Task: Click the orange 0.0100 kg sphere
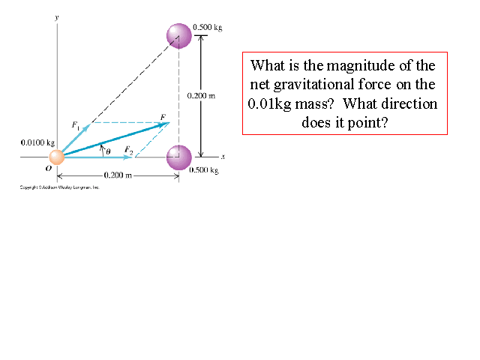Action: point(56,157)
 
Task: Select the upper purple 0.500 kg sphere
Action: point(179,35)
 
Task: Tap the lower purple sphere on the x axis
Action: point(179,157)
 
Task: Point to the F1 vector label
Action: point(76,124)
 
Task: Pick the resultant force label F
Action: point(163,117)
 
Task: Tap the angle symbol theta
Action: point(108,151)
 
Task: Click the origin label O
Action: point(48,169)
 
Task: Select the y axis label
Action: point(57,16)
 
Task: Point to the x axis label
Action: point(223,156)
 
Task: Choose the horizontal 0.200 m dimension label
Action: point(118,175)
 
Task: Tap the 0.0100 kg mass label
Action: point(37,142)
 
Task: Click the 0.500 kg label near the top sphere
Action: point(208,28)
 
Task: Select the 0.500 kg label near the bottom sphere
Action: point(205,170)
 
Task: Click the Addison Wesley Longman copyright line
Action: point(60,187)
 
